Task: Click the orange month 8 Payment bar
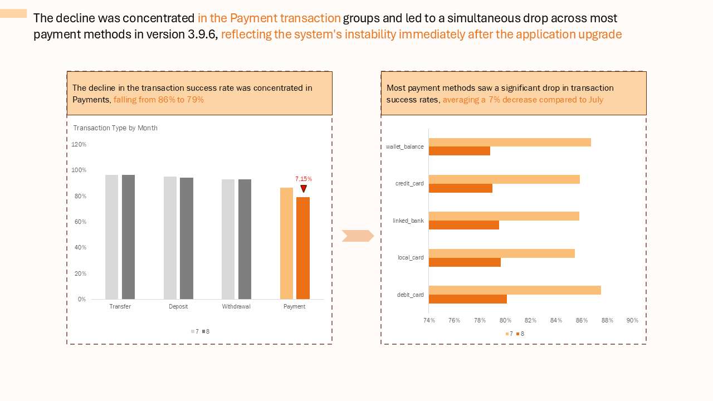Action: (x=303, y=248)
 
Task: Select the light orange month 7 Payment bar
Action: (x=286, y=243)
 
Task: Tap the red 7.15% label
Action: (x=304, y=179)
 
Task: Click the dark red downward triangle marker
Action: (x=304, y=189)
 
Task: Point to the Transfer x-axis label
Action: (x=120, y=307)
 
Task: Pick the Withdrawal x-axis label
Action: (x=236, y=307)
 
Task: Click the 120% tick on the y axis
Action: (x=79, y=144)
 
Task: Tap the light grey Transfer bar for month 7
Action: (x=112, y=237)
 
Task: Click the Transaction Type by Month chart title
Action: (x=115, y=128)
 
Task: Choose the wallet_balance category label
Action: (x=405, y=147)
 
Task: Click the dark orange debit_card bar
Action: (x=468, y=299)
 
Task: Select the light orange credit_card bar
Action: (x=504, y=179)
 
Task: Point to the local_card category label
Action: (x=411, y=257)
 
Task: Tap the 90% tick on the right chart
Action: (x=632, y=320)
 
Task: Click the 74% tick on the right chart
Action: (x=429, y=320)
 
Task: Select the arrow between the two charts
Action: (x=358, y=236)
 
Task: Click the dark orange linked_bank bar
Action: (x=464, y=225)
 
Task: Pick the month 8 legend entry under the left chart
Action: (x=206, y=331)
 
